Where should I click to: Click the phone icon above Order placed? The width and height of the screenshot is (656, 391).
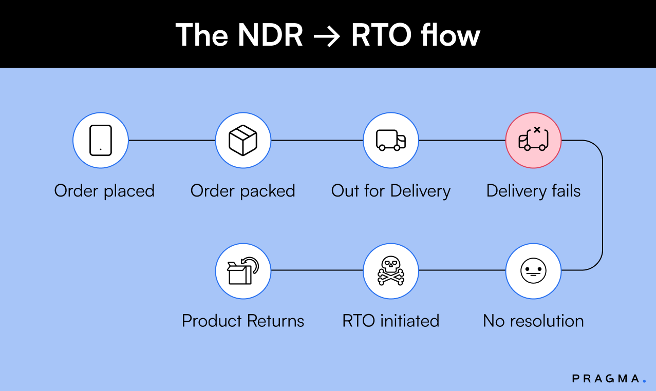pyautogui.click(x=100, y=140)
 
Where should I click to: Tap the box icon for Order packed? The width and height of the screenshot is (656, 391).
pyautogui.click(x=243, y=140)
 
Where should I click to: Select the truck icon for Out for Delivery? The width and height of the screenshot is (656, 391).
pyautogui.click(x=391, y=140)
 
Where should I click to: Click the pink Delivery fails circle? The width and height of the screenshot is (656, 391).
pyautogui.click(x=533, y=140)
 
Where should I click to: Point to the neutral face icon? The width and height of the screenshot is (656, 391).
pyautogui.click(x=533, y=270)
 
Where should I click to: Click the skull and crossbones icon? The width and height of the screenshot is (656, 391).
pyautogui.click(x=391, y=270)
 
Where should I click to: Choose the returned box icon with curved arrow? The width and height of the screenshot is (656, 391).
pyautogui.click(x=243, y=270)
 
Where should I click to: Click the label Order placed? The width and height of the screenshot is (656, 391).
pyautogui.click(x=104, y=191)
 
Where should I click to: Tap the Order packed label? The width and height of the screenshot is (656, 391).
pyautogui.click(x=243, y=191)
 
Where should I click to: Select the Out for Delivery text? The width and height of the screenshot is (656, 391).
pyautogui.click(x=391, y=191)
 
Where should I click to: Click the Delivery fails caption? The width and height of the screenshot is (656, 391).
pyautogui.click(x=533, y=191)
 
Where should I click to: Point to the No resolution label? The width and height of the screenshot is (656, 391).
pyautogui.click(x=533, y=321)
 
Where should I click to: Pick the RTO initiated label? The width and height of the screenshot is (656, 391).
pyautogui.click(x=391, y=321)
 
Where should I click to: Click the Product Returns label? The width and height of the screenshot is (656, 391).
pyautogui.click(x=243, y=321)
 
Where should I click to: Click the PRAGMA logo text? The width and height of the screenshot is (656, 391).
pyautogui.click(x=606, y=379)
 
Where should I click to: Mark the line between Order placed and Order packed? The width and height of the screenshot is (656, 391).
pyautogui.click(x=172, y=140)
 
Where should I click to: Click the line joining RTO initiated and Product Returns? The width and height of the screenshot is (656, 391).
pyautogui.click(x=317, y=270)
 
